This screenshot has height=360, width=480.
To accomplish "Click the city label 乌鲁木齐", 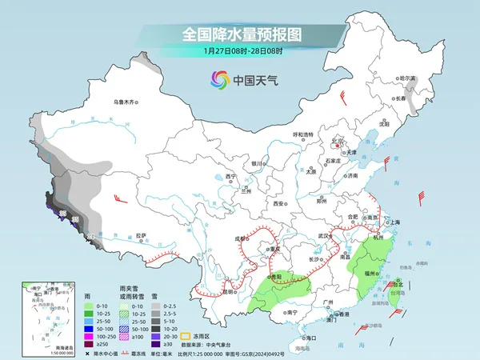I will click(125, 102).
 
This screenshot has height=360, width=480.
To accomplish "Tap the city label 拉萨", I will click(141, 235).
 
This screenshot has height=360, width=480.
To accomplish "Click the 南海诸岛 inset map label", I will click(38, 343).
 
